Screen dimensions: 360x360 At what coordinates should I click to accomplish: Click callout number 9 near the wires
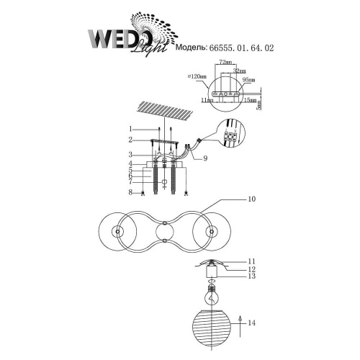point(206,158)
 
